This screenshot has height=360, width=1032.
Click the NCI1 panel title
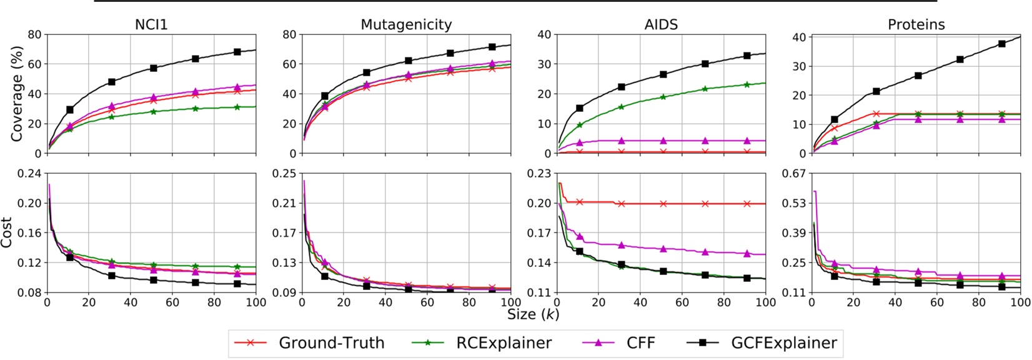[x=151, y=24]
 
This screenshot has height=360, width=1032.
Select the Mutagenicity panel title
[x=406, y=24]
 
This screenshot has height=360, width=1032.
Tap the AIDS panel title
[x=661, y=24]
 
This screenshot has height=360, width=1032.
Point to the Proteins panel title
[x=916, y=24]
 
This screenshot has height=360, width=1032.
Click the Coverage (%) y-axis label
[x=17, y=94]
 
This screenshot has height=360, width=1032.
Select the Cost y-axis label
[x=7, y=232]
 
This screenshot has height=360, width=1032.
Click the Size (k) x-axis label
[x=532, y=314]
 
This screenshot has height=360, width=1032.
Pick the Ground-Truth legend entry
[x=309, y=343]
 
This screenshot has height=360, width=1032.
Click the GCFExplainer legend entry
[x=762, y=343]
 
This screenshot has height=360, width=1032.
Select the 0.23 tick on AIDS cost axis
[x=537, y=173]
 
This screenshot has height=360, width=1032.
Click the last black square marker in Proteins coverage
[x=1001, y=44]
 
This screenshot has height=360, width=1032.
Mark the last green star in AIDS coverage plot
[x=747, y=84]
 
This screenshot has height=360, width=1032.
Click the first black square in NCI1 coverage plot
[x=70, y=110]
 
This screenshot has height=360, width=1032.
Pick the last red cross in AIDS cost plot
[x=747, y=204]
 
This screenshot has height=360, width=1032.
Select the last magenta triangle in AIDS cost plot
[x=747, y=253]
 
